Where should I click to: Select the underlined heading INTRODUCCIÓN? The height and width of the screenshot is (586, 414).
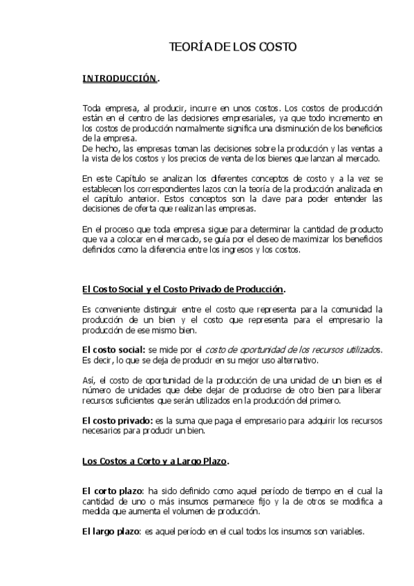coord(120,79)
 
